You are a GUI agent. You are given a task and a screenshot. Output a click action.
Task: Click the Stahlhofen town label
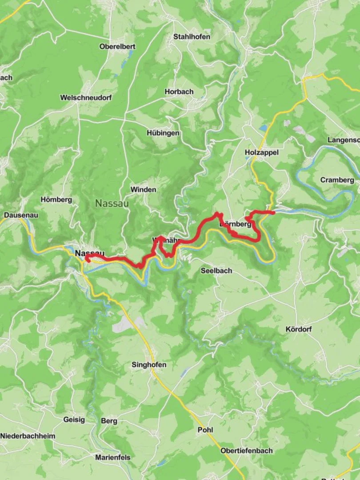pyautogui.click(x=192, y=37)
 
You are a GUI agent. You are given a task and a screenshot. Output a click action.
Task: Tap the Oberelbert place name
pyautogui.click(x=117, y=46)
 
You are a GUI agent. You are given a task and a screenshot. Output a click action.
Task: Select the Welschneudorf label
pyautogui.click(x=86, y=97)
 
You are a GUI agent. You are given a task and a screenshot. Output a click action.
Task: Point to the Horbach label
pyautogui.click(x=179, y=92)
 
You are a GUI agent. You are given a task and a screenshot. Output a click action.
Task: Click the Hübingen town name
pyautogui.click(x=163, y=133)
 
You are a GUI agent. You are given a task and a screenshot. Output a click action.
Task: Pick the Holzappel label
pyautogui.click(x=261, y=152)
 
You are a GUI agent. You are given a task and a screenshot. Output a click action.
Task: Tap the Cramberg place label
pyautogui.click(x=337, y=180)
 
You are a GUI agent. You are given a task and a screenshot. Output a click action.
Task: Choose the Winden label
pyautogui.click(x=143, y=189)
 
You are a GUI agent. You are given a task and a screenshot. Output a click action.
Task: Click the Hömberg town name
pyautogui.click(x=56, y=200)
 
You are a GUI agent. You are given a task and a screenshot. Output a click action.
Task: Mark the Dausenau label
pyautogui.click(x=21, y=215)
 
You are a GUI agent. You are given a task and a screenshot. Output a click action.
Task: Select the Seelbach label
pyautogui.click(x=216, y=271)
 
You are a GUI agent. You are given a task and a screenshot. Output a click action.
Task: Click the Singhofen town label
pyautogui.click(x=149, y=365)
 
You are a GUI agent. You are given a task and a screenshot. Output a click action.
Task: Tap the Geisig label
pyautogui.click(x=74, y=420)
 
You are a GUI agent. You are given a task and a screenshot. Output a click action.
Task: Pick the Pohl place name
pyautogui.click(x=205, y=430)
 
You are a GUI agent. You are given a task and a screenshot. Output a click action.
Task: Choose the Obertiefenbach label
pyautogui.click(x=246, y=451)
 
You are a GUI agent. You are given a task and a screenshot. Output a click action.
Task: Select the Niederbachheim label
pyautogui.click(x=28, y=436)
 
